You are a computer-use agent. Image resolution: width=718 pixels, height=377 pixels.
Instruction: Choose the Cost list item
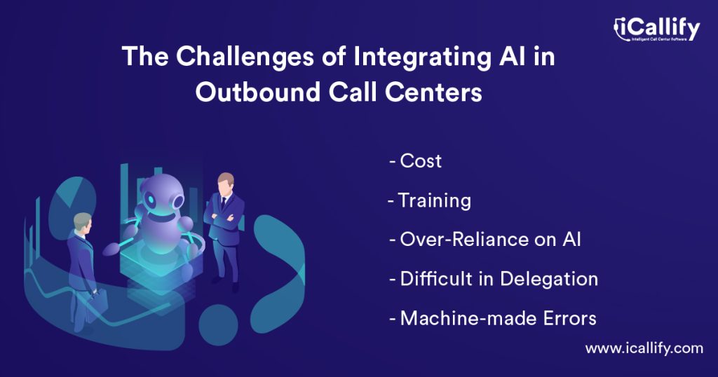pyautogui.click(x=420, y=161)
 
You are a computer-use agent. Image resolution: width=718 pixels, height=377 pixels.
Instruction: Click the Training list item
pyautogui.click(x=433, y=201)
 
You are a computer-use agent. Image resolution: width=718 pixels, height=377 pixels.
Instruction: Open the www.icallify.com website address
pyautogui.click(x=644, y=348)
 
